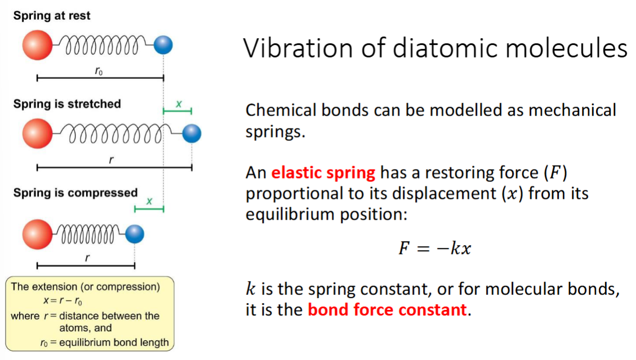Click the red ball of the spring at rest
[x=37, y=45]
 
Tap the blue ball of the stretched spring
[x=192, y=134]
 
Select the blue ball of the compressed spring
[x=135, y=234]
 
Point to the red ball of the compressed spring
[x=37, y=234]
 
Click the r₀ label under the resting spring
[x=99, y=71]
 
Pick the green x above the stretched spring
[x=179, y=104]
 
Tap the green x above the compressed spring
[x=149, y=201]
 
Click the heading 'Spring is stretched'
[x=67, y=104]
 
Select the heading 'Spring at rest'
[x=51, y=15]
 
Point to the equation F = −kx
[x=435, y=248]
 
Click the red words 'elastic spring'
[x=323, y=173]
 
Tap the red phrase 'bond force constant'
[x=388, y=310]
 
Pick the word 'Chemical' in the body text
[x=281, y=110]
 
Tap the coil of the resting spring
[x=101, y=45]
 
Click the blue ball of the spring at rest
[x=163, y=45]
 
